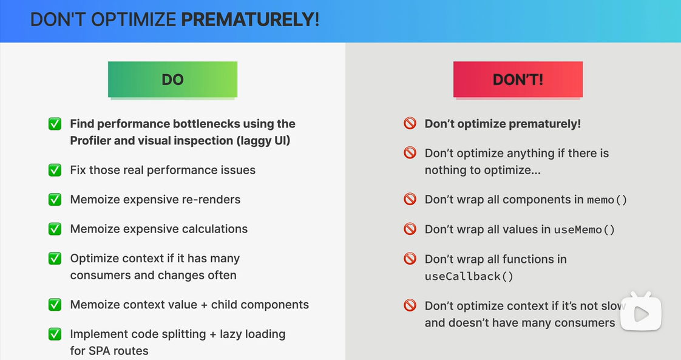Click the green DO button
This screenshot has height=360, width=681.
click(x=172, y=80)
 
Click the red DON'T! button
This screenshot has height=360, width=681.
click(x=518, y=80)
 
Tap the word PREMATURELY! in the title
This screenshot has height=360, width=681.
click(x=250, y=19)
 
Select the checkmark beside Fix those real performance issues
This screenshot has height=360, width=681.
click(x=55, y=170)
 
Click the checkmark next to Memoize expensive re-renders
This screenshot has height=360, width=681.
click(x=55, y=199)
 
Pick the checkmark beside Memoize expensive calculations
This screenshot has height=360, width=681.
click(x=55, y=229)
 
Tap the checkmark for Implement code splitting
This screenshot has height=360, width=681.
click(x=55, y=334)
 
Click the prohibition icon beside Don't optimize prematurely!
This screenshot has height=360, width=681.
click(x=410, y=123)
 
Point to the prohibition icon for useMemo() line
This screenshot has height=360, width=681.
click(x=410, y=229)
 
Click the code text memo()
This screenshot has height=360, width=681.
click(x=607, y=200)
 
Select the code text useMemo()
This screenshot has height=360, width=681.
click(x=584, y=229)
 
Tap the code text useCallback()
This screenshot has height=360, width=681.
click(x=469, y=276)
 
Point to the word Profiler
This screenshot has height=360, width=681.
click(x=89, y=141)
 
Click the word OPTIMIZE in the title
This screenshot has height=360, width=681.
click(x=134, y=19)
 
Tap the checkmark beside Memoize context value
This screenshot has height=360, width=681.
click(x=55, y=304)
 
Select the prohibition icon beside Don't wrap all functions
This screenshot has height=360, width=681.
click(x=410, y=259)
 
